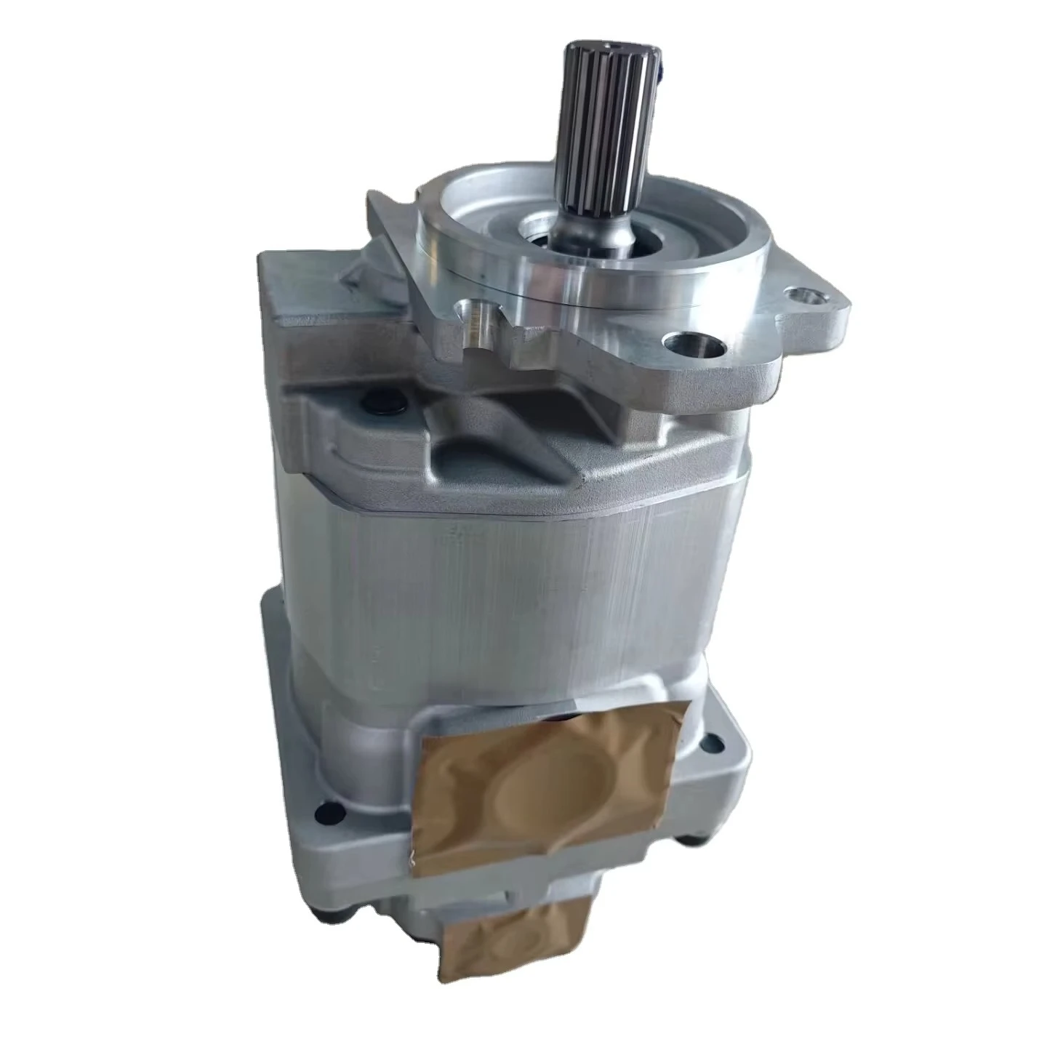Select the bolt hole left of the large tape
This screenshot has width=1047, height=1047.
[329, 806]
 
